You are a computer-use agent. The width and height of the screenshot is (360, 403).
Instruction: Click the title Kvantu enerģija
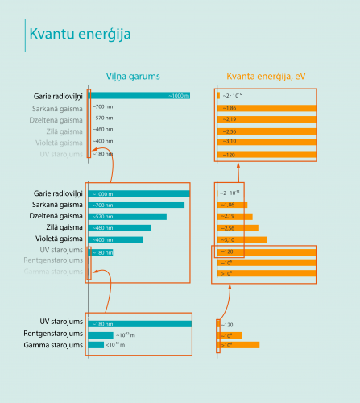[x=80, y=35]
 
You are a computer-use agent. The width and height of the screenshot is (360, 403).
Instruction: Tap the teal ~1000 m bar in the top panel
[x=139, y=96]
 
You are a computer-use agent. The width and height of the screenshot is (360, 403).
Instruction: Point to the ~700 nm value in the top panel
[x=102, y=107]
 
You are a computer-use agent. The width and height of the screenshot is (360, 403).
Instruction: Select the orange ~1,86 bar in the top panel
[x=267, y=108]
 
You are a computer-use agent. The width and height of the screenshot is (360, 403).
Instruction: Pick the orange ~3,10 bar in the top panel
[x=267, y=142]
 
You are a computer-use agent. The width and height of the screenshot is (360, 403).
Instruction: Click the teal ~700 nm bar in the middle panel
[x=136, y=205]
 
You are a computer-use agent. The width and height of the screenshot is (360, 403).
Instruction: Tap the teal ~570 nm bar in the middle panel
[x=127, y=217]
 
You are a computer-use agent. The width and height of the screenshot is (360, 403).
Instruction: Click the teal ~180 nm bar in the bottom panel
[x=139, y=324]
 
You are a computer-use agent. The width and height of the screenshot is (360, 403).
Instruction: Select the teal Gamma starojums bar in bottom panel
[x=96, y=345]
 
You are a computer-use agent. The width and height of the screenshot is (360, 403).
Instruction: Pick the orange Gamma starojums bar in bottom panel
[x=238, y=345]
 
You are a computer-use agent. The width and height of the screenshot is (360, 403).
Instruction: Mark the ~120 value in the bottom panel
[x=228, y=324]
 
